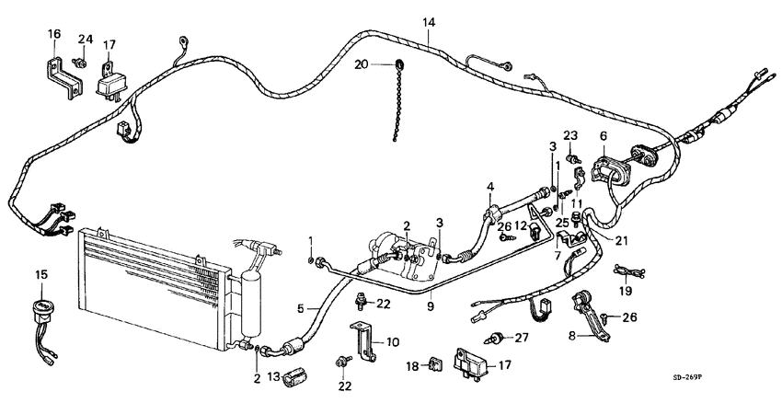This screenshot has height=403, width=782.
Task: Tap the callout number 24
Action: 85,39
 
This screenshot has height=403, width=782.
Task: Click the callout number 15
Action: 40,275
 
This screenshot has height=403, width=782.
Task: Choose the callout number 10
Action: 393,342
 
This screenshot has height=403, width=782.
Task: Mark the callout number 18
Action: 412,367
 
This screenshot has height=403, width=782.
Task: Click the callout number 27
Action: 523,339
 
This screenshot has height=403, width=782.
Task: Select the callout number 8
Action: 571,337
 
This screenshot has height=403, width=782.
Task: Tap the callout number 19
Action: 625,290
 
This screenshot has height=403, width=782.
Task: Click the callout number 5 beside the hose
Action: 300,309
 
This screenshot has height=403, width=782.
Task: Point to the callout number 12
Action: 521,226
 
